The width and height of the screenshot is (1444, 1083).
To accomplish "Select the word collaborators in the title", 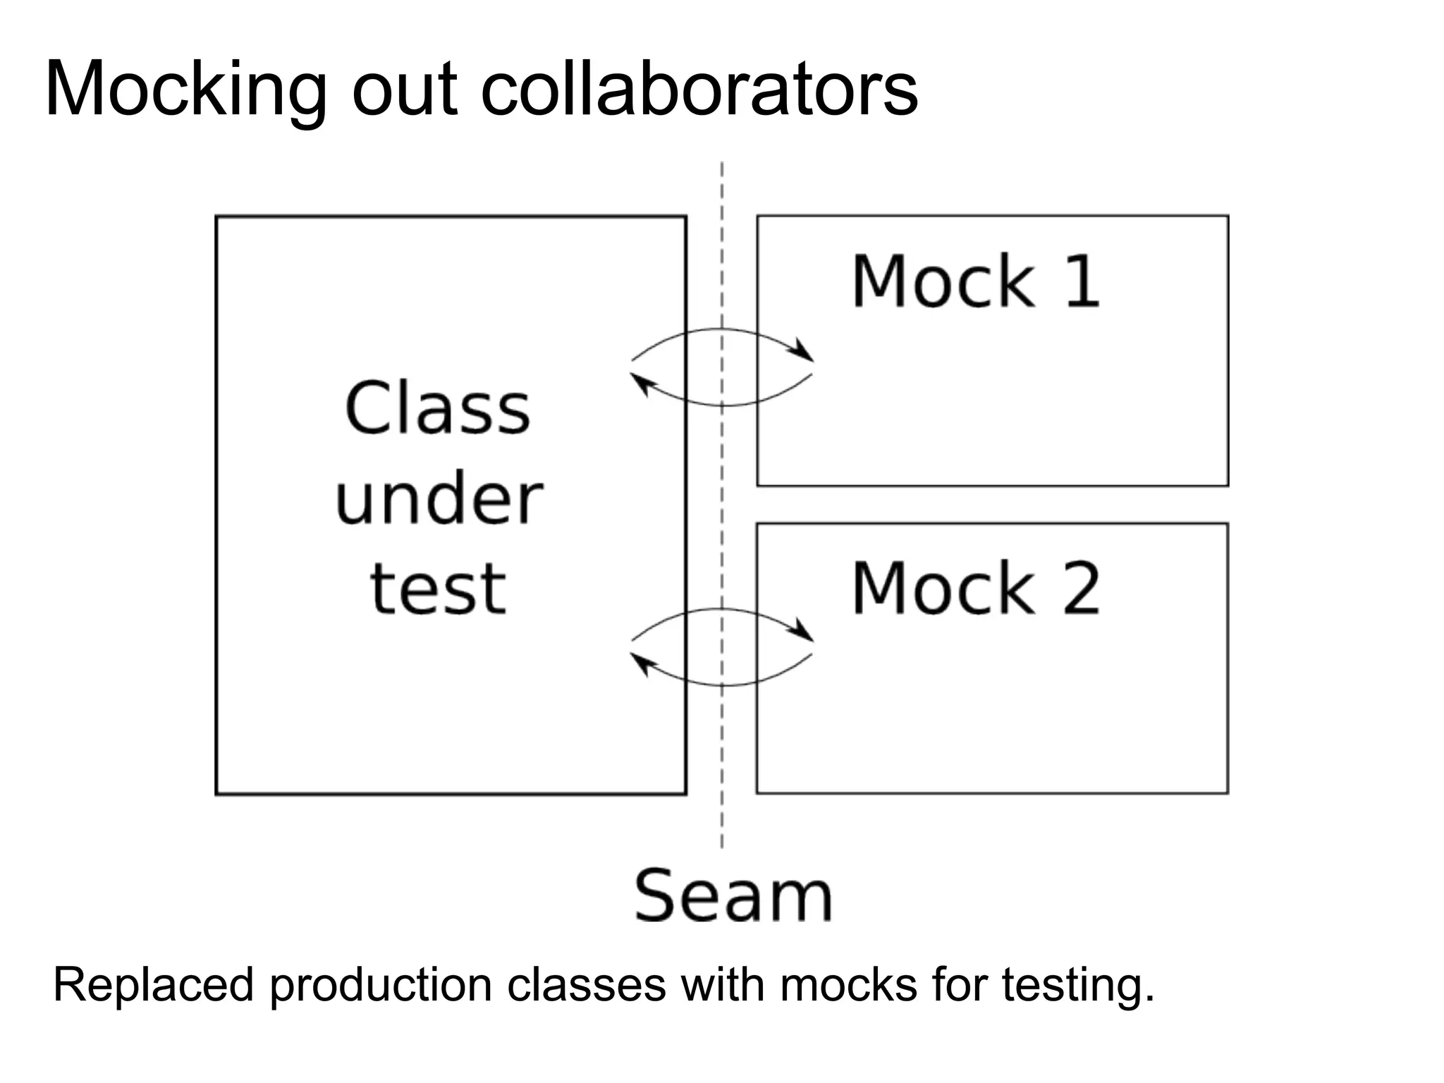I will (x=699, y=90).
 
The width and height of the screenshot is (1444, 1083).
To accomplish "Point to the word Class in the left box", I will (x=437, y=408).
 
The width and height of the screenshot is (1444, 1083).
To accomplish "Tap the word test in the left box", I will (x=438, y=589).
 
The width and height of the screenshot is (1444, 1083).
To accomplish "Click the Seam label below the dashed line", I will (x=733, y=896).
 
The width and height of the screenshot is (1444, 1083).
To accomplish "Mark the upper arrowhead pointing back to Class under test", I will (x=640, y=384).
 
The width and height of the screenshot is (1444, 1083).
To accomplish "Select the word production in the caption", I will (x=380, y=986).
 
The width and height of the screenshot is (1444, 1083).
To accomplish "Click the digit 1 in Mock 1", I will (x=1082, y=281).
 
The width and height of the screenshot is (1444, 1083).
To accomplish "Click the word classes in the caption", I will (x=586, y=985).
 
